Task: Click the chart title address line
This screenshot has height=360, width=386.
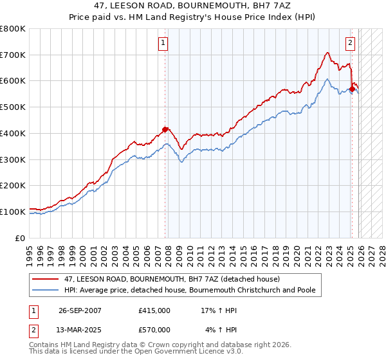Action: pyautogui.click(x=193, y=5)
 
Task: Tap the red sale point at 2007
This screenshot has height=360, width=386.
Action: pyautogui.click(x=165, y=129)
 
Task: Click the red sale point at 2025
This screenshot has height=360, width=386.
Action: pyautogui.click(x=353, y=89)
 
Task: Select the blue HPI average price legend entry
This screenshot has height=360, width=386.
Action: pyautogui.click(x=190, y=291)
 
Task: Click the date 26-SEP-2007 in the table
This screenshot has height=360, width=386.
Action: pyautogui.click(x=80, y=310)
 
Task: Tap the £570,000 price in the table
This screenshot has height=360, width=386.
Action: pyautogui.click(x=154, y=330)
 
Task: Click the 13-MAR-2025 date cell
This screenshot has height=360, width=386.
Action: pyautogui.click(x=80, y=330)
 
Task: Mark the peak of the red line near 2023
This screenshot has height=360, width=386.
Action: pyautogui.click(x=327, y=53)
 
